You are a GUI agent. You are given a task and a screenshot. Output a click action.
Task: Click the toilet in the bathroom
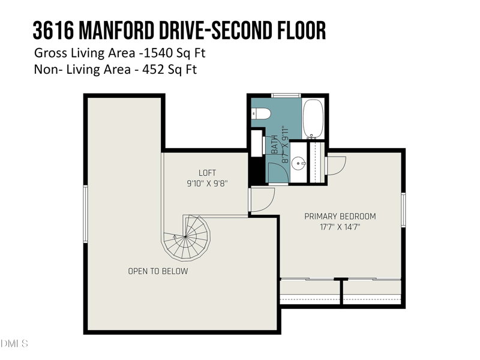pos(261,113)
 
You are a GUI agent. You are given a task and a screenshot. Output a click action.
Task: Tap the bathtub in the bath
pos(313,119)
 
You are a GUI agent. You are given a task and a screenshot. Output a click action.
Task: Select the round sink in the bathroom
pos(298,163)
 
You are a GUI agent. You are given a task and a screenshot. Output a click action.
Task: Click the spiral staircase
pos(186,238)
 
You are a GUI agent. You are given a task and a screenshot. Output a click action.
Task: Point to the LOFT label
pos(207,173)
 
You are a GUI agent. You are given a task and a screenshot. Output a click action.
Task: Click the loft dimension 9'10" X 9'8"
pos(207,184)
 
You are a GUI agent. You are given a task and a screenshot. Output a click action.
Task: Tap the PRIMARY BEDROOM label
pos(340,217)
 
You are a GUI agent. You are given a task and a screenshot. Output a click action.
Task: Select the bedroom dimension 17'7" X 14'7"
pos(340,227)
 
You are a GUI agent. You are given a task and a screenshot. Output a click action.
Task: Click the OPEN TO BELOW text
pos(158,271)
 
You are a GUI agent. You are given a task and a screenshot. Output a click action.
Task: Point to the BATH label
pos(275,145)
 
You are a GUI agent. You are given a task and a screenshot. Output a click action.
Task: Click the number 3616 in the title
pos(53,31)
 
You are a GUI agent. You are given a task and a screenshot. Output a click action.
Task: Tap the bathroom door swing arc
pos(278,173)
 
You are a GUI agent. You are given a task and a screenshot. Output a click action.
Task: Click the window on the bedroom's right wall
pos(403,209)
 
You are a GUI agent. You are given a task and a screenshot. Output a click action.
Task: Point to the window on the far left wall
pos(86,214)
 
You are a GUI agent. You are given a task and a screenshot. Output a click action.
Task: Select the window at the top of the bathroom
pos(286,95)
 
